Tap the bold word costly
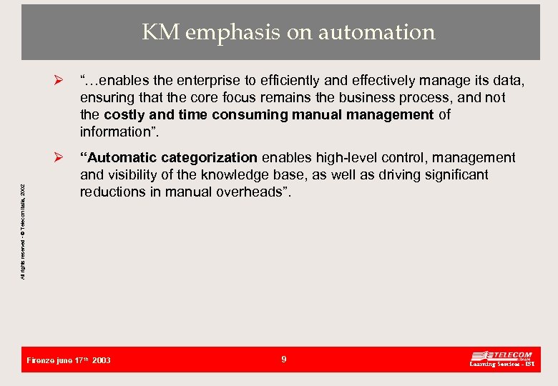124,115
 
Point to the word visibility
132,175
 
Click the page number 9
283,360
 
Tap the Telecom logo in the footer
501,360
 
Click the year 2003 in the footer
102,361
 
